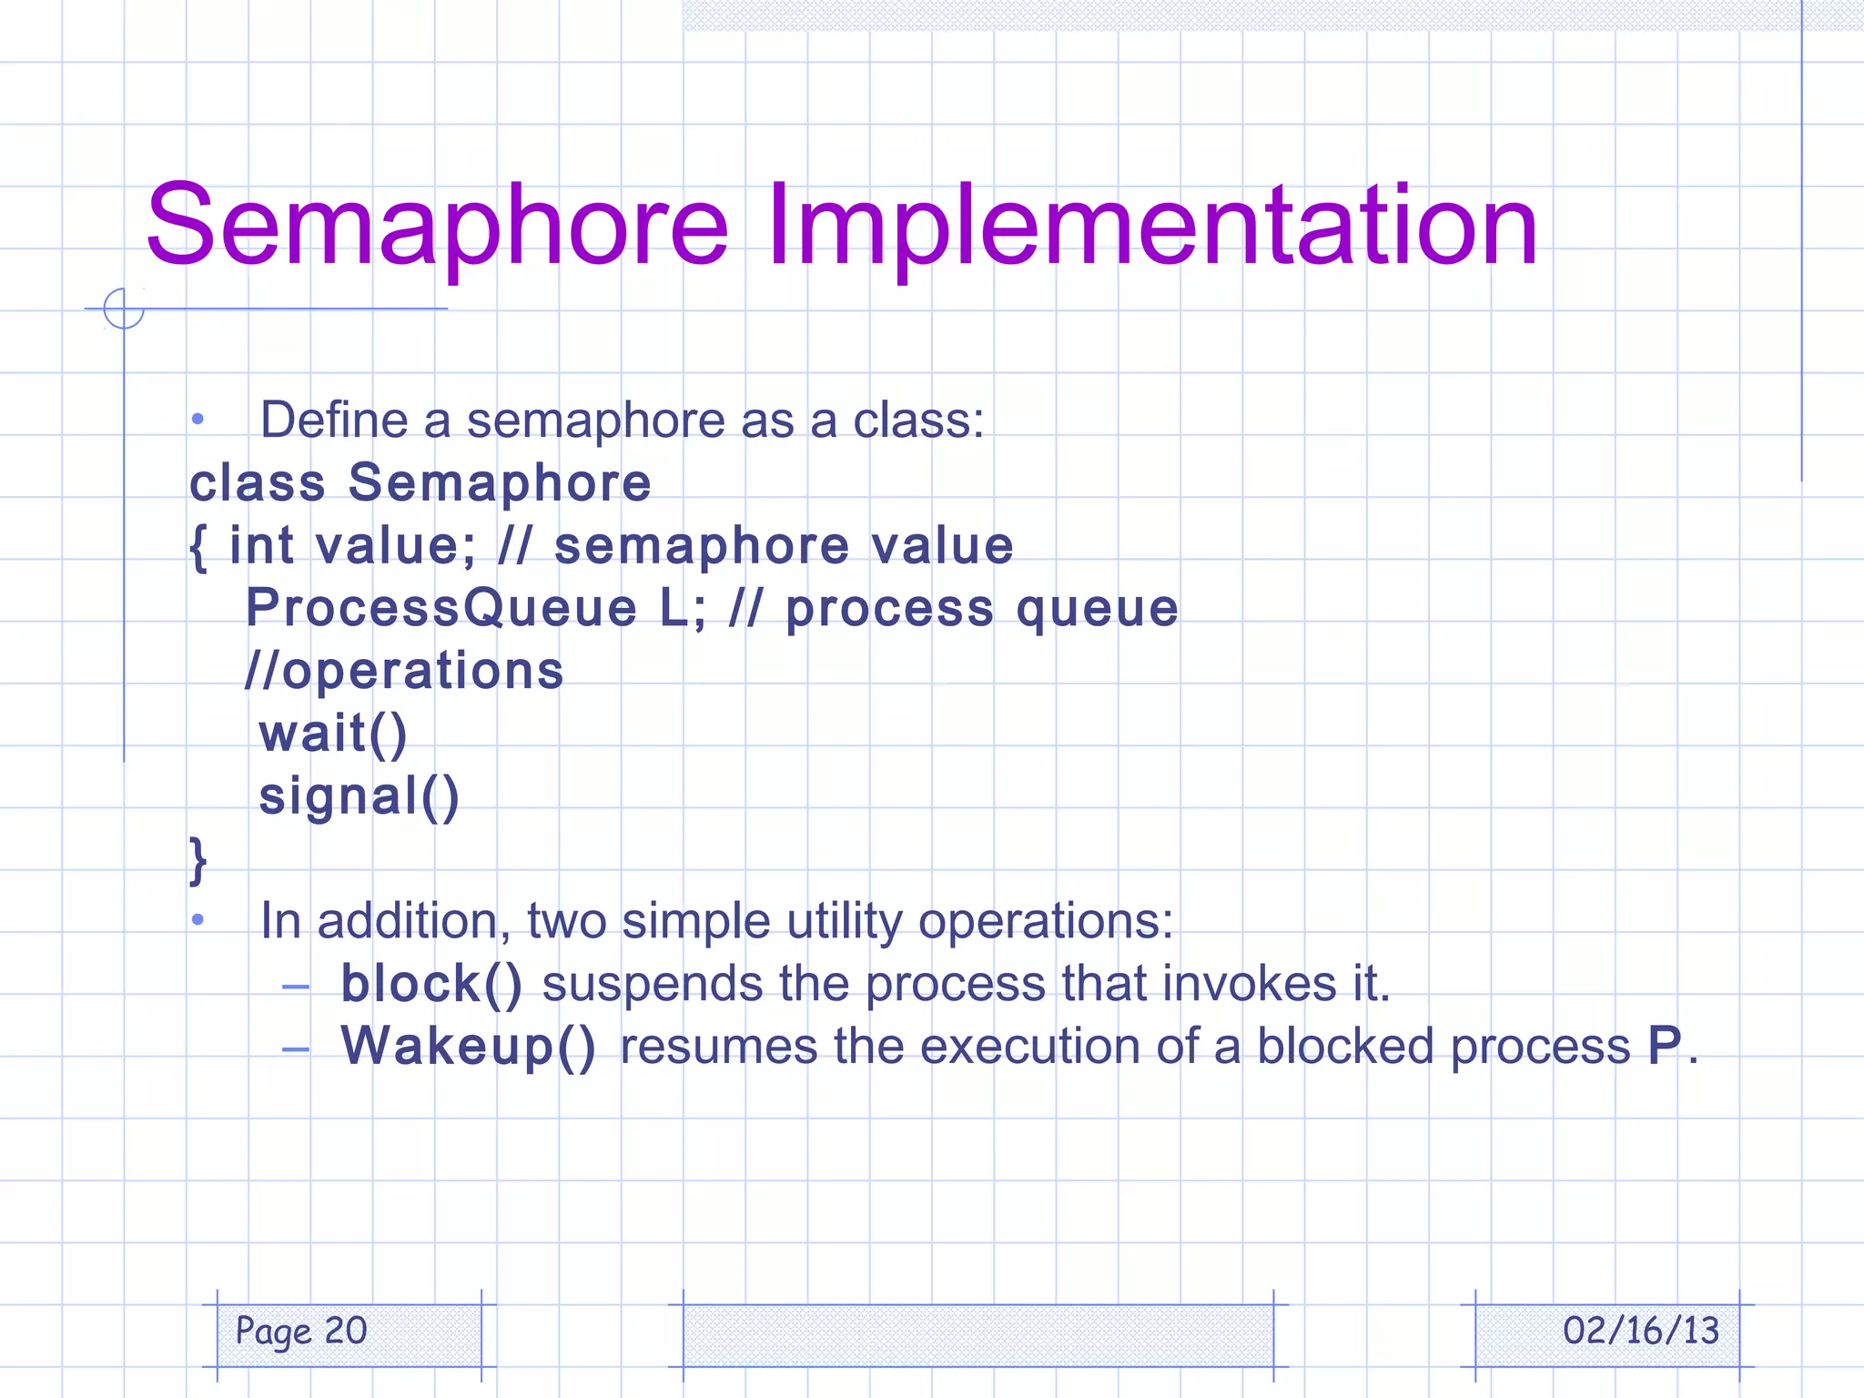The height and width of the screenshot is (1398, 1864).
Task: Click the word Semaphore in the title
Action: click(x=437, y=226)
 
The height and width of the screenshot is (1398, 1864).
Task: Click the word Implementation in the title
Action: click(x=1151, y=226)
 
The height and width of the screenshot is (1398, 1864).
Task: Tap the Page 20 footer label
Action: click(x=301, y=1332)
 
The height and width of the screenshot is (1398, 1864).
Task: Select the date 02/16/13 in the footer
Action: click(x=1640, y=1332)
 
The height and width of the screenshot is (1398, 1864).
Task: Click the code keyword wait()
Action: click(x=333, y=734)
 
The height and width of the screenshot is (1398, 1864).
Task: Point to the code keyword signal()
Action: click(x=360, y=796)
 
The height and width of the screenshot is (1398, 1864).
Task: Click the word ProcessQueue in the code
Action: click(x=441, y=608)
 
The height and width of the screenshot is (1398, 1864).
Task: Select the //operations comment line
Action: click(x=405, y=671)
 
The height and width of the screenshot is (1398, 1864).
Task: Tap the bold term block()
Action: click(x=431, y=984)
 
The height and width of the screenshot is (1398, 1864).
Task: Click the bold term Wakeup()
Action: click(x=468, y=1047)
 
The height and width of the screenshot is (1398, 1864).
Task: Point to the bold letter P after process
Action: click(x=1665, y=1046)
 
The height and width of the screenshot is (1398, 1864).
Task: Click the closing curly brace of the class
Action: click(x=198, y=860)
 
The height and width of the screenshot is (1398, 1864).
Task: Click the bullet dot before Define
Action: click(x=198, y=420)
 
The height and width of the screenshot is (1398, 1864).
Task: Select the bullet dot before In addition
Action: click(x=198, y=921)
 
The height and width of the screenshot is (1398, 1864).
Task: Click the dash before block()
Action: click(x=296, y=986)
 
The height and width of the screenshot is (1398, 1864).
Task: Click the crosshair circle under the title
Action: click(x=124, y=309)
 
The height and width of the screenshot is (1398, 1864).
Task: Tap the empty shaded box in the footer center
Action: click(x=978, y=1334)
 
